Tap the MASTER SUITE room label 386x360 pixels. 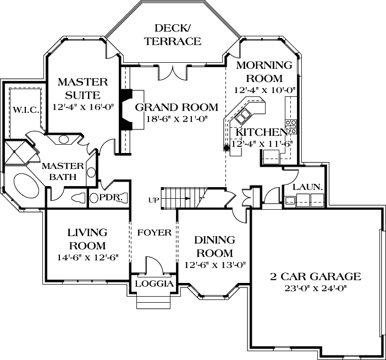tap(82, 88)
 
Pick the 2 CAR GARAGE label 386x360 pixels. tap(315, 276)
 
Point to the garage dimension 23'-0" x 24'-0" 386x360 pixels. tap(315, 288)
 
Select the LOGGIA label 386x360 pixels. tap(153, 284)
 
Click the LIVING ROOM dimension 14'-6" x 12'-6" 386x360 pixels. tap(87, 257)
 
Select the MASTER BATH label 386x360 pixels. tap(63, 171)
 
